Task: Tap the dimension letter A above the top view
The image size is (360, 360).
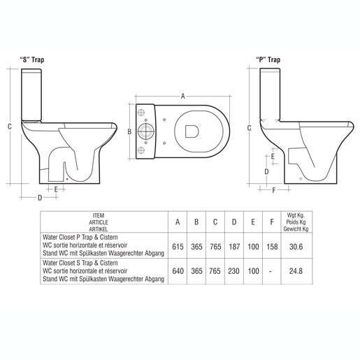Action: pos(183,95)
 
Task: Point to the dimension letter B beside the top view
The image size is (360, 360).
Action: pos(129,131)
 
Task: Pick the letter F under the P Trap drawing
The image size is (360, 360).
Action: pos(273,189)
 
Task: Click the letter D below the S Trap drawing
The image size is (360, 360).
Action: pos(40,198)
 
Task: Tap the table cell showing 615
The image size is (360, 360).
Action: pos(178,247)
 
